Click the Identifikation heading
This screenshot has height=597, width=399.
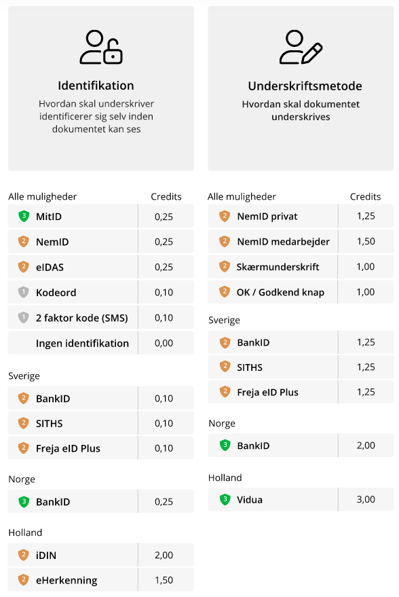pyautogui.click(x=96, y=86)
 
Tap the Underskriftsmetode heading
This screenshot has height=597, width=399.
pyautogui.click(x=305, y=86)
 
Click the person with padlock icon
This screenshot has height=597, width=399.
pyautogui.click(x=101, y=48)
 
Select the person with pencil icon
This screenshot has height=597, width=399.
pyautogui.click(x=301, y=48)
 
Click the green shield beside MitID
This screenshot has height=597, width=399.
pyautogui.click(x=24, y=216)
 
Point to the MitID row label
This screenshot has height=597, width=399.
pyautogui.click(x=49, y=217)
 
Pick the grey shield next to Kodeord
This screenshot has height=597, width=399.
pyautogui.click(x=24, y=293)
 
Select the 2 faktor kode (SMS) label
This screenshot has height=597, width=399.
pyautogui.click(x=82, y=318)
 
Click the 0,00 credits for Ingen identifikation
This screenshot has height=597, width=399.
pyautogui.click(x=164, y=343)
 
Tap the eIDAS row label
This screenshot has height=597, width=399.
pyautogui.click(x=50, y=268)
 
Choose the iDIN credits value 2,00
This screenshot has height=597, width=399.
pyautogui.click(x=164, y=555)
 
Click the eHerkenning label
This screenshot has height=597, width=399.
pyautogui.click(x=66, y=580)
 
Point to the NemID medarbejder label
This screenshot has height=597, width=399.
pyautogui.click(x=284, y=242)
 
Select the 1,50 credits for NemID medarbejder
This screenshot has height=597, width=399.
pyautogui.click(x=366, y=241)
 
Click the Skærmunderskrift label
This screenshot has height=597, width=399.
pyautogui.click(x=278, y=267)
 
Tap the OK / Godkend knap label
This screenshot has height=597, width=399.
pyautogui.click(x=280, y=293)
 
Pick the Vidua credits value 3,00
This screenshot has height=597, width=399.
pyautogui.click(x=366, y=499)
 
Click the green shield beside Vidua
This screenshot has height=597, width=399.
pyautogui.click(x=225, y=499)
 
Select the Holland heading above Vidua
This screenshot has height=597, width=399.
pyautogui.click(x=225, y=478)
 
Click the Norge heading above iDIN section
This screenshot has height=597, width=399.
pyautogui.click(x=22, y=480)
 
